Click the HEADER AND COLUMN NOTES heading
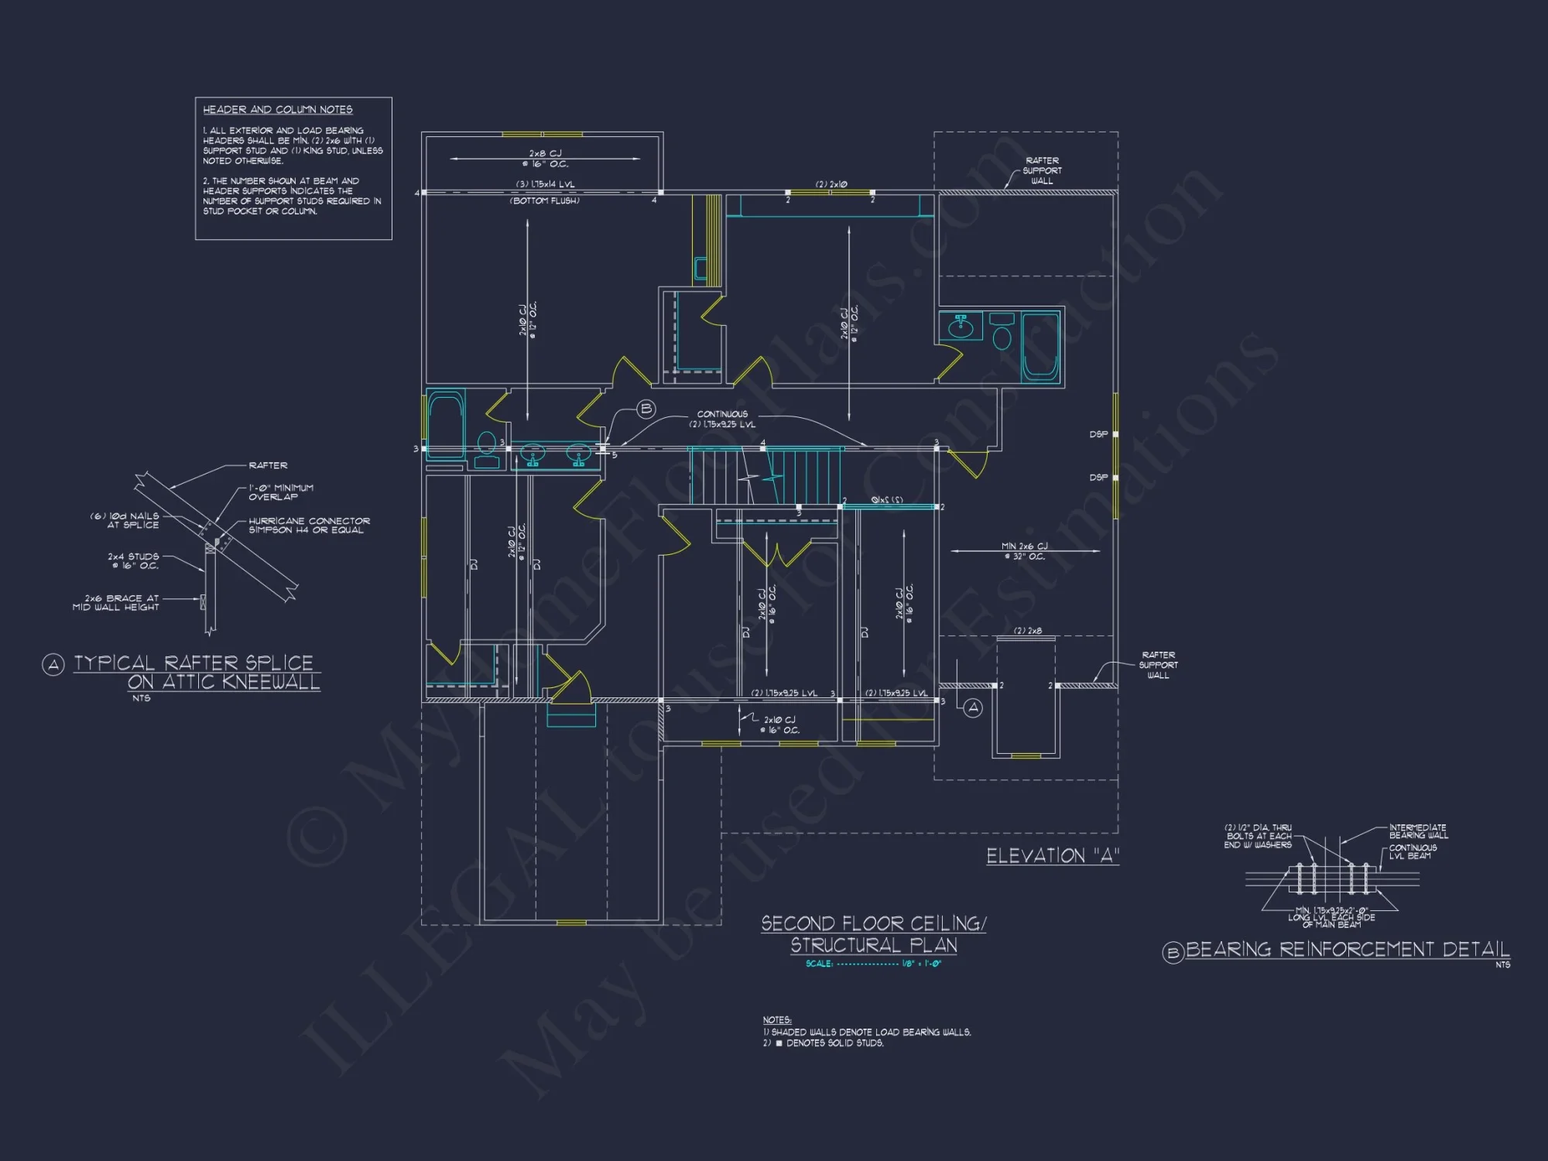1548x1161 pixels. tap(277, 110)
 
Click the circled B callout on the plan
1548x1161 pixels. tap(646, 409)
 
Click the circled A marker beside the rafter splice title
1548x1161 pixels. tap(53, 665)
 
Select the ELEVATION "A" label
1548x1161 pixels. tap(1052, 856)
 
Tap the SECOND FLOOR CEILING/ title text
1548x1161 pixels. tap(873, 923)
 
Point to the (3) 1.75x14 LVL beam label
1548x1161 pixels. tap(545, 184)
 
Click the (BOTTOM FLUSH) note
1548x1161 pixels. tap(545, 200)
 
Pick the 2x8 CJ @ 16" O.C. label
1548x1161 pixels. tap(545, 159)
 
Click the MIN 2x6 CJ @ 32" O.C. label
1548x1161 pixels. tap(1024, 551)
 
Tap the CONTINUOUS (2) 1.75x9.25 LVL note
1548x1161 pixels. tap(722, 420)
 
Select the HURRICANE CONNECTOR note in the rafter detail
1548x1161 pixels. tap(308, 526)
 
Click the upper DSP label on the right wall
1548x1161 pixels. tap(1098, 434)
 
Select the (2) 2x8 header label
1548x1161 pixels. tap(1027, 631)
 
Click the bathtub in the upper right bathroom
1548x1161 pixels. tap(1039, 347)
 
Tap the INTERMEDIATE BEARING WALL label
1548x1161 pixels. tap(1417, 831)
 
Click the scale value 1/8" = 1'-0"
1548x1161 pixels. tap(921, 964)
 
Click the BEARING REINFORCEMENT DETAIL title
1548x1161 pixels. tap(1347, 950)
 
